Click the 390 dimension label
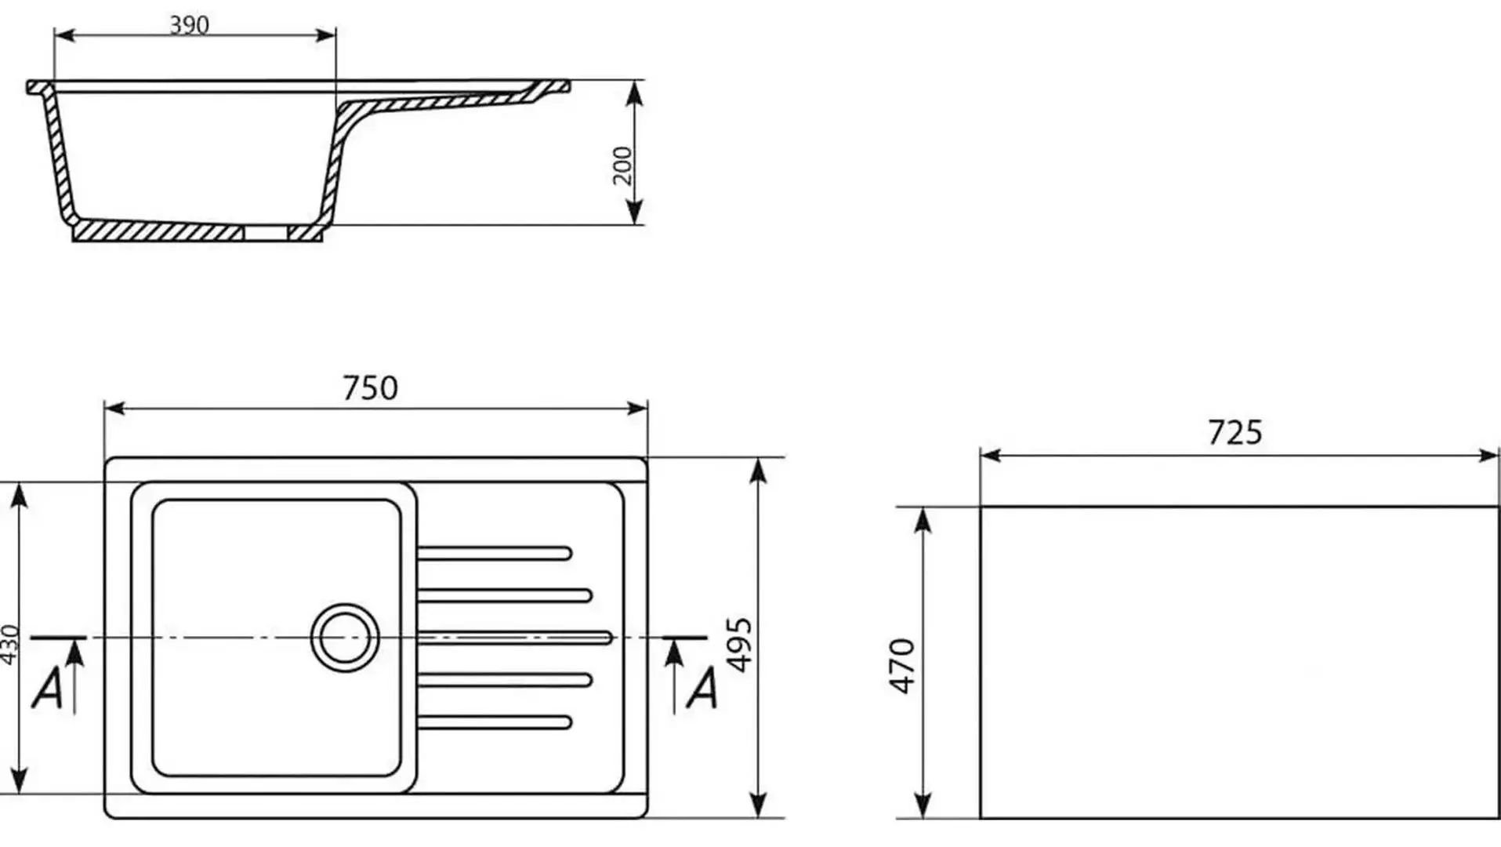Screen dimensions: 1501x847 190,25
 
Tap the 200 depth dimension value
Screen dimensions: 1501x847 622,165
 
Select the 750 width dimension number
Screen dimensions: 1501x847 370,388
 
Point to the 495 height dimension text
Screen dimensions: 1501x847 739,645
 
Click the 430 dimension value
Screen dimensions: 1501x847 9,645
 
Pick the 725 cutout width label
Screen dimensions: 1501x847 1235,433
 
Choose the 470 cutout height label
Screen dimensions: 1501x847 902,666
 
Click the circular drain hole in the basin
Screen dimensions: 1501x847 345,638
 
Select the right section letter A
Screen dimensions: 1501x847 702,689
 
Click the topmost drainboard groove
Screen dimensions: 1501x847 495,554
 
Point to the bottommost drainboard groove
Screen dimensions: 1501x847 495,722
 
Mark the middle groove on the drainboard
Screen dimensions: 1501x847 514,638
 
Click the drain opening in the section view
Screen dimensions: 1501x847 266,233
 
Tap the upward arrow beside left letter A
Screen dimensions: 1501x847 75,676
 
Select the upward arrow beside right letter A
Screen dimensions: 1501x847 673,676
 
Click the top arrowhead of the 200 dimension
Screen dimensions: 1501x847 636,93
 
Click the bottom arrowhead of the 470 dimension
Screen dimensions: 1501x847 923,805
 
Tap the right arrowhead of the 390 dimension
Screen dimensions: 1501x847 324,35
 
